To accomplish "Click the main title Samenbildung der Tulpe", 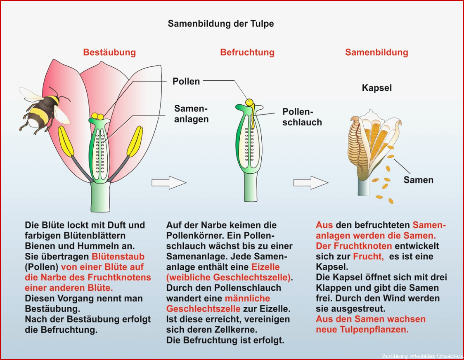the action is [x=221, y=24].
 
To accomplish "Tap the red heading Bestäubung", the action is [x=109, y=52].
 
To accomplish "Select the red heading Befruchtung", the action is [x=247, y=52].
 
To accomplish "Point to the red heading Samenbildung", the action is [x=377, y=52].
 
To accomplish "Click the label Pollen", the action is [x=186, y=81].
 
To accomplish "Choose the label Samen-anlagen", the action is [x=192, y=114].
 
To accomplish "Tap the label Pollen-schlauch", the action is [x=302, y=117].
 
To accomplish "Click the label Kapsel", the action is [x=377, y=88].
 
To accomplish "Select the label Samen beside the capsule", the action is [x=419, y=180].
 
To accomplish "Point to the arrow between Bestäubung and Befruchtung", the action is [x=169, y=183].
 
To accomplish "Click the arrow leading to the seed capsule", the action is [x=311, y=183].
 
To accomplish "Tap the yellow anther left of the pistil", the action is [x=65, y=141].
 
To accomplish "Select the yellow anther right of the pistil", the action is [x=135, y=141].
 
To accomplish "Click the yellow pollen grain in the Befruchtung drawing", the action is [x=249, y=102].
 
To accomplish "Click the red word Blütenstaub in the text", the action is [x=118, y=256].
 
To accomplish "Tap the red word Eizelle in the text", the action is [x=265, y=267].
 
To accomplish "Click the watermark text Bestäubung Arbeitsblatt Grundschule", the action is [x=423, y=356].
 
